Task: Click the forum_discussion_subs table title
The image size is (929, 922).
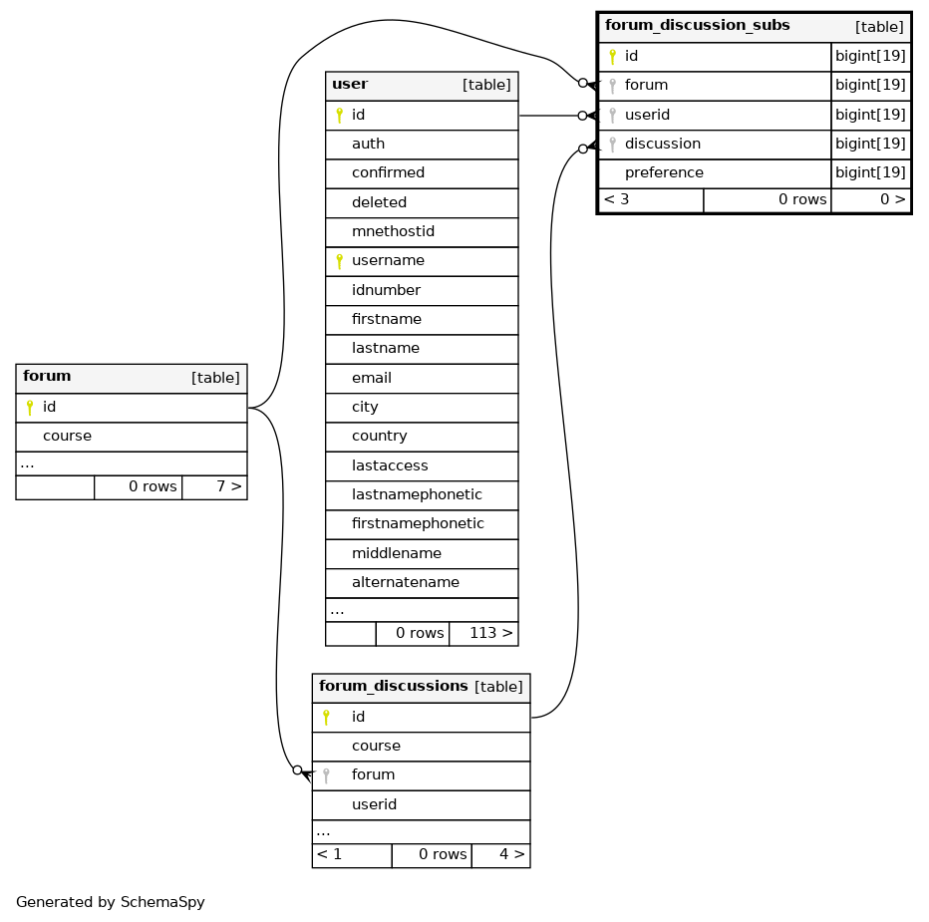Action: click(698, 26)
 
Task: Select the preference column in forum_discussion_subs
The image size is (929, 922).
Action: click(664, 173)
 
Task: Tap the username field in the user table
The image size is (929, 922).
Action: click(388, 261)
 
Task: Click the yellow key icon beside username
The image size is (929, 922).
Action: click(340, 261)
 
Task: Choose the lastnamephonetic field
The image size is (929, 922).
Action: click(417, 494)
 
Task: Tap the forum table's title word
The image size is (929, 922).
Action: click(47, 376)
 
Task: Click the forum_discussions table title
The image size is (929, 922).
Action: click(394, 686)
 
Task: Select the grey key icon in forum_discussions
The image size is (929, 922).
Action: click(326, 775)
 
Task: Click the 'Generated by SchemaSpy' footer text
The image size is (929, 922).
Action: click(111, 902)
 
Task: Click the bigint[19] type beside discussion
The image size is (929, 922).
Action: click(870, 144)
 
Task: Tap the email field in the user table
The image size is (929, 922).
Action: click(372, 378)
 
